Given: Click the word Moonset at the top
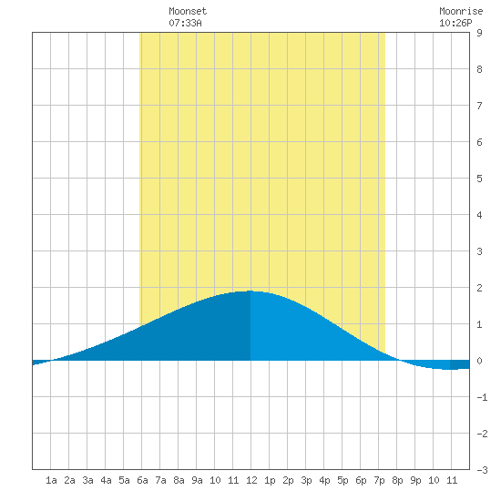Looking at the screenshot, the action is [x=188, y=11].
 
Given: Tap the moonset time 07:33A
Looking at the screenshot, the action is [x=185, y=23].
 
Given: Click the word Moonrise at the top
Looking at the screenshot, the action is [x=461, y=11].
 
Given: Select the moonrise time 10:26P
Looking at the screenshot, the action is [x=455, y=23].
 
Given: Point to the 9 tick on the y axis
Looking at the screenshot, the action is [x=479, y=33].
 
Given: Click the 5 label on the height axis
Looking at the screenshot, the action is [x=479, y=179].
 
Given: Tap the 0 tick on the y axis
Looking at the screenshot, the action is [x=479, y=361].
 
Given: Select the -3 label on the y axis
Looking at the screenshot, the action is [x=482, y=470].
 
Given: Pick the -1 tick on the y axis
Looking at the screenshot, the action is [x=482, y=397].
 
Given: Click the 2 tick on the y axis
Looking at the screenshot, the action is [x=479, y=288].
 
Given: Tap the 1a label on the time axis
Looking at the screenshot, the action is [x=51, y=480].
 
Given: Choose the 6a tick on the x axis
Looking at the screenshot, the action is [x=142, y=480].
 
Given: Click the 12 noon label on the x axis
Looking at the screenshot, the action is [x=251, y=480].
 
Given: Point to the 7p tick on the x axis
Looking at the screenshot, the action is [x=379, y=480].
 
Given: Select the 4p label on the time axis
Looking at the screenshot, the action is [x=324, y=480].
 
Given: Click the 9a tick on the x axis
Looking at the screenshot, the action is [x=197, y=480].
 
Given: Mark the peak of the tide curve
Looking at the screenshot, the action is [x=250, y=291].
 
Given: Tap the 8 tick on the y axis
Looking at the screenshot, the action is [x=479, y=69].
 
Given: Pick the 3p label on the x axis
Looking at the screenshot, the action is [x=306, y=480].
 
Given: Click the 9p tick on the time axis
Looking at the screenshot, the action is [x=415, y=480].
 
